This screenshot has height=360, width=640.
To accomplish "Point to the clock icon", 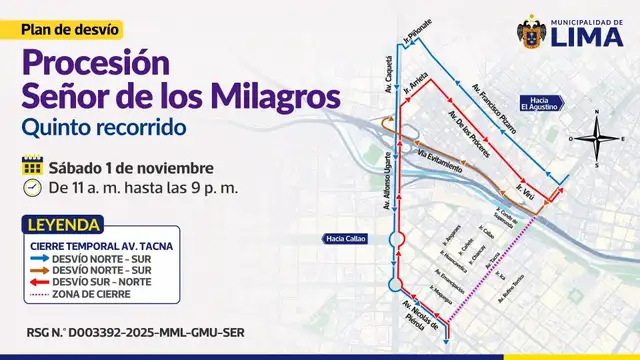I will coord(32,187).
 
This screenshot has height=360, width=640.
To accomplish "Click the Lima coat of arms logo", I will coord(531,32).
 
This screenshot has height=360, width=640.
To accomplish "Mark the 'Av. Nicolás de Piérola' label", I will coord(417,315).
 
